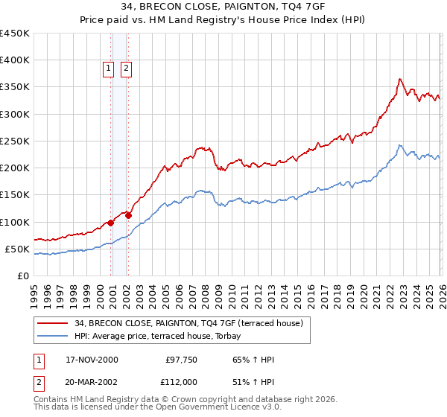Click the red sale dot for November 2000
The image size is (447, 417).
tap(111, 223)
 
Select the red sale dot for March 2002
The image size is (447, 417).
tap(128, 215)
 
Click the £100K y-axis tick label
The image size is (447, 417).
tap(15, 222)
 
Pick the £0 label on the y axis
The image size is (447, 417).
tap(23, 276)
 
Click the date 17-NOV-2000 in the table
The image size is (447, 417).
tap(92, 360)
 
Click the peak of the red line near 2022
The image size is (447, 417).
tap(400, 78)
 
